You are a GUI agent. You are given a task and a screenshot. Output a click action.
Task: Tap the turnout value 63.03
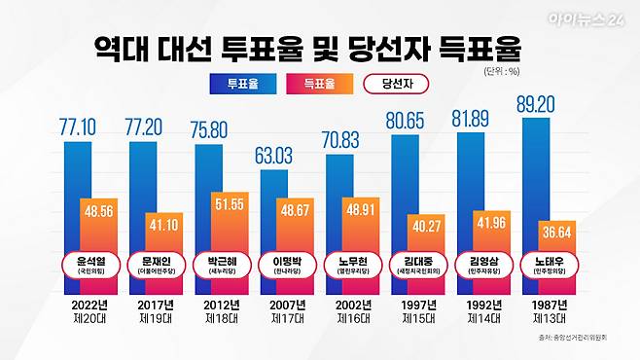pyautogui.click(x=279, y=155)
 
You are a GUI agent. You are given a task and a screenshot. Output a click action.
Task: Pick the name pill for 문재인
pyautogui.click(x=154, y=265)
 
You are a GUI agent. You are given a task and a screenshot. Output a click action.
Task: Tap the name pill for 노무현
pyautogui.click(x=351, y=265)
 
